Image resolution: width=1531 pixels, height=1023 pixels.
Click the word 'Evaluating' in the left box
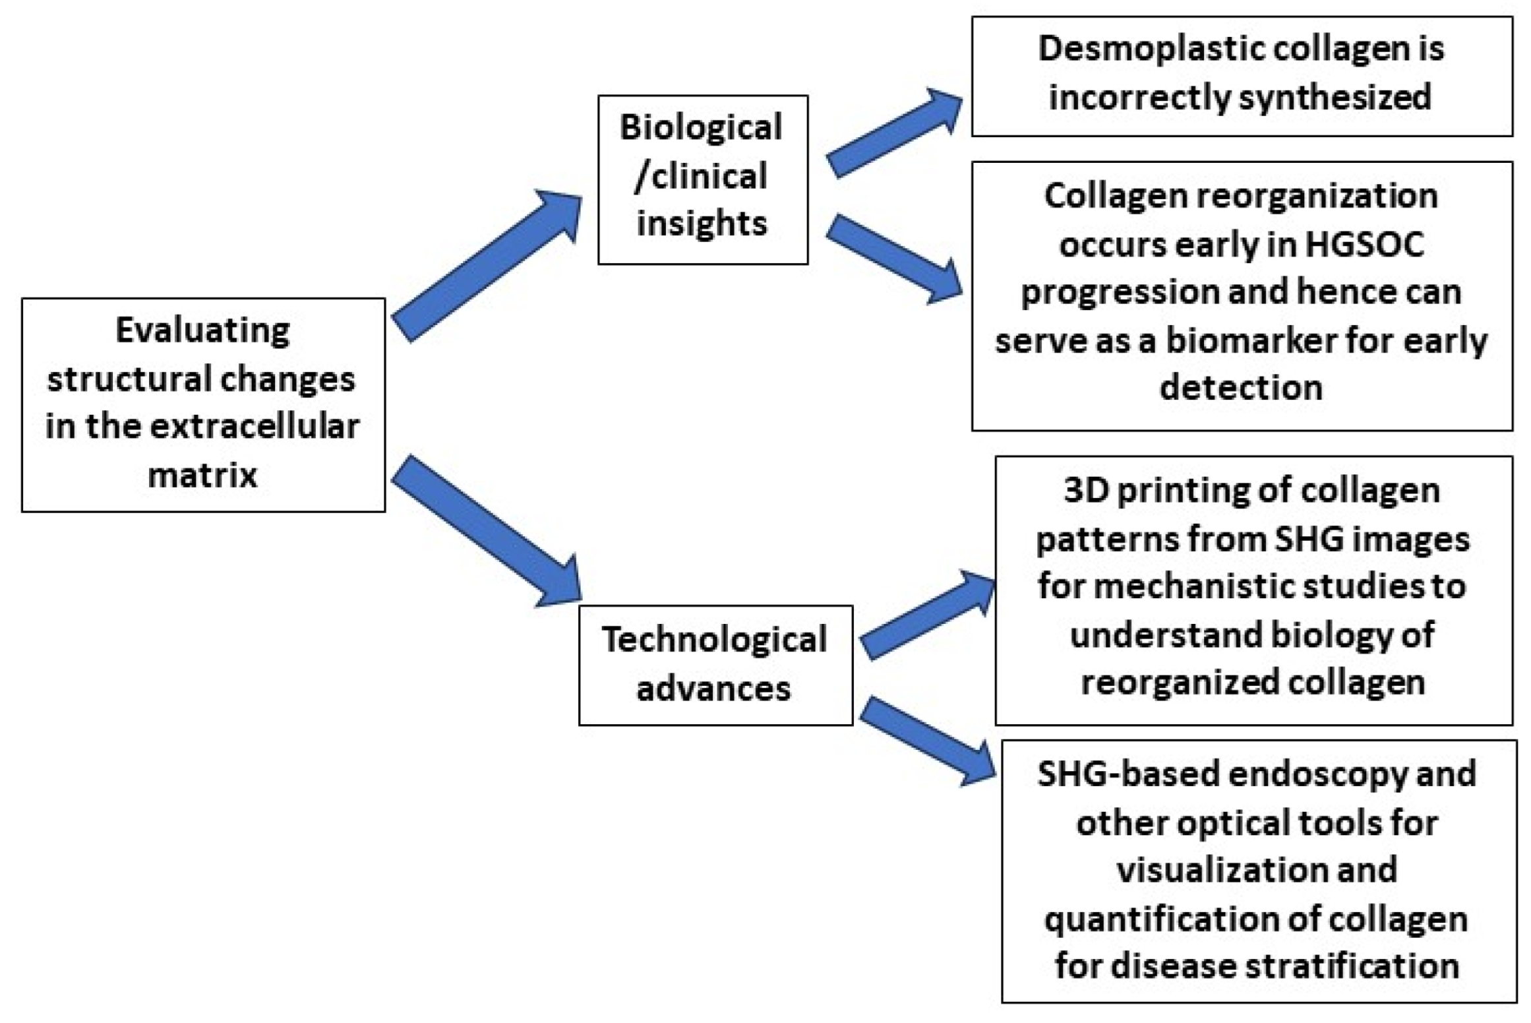coord(202,331)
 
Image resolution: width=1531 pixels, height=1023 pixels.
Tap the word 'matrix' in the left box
coord(202,474)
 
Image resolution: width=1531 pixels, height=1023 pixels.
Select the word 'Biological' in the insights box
coord(701,127)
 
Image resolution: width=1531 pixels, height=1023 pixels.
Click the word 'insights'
coord(702,223)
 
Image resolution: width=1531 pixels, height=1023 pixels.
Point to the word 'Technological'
coord(714,640)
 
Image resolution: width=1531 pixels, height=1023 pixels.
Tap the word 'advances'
coord(713,689)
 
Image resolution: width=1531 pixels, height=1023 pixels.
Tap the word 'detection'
coord(1241,387)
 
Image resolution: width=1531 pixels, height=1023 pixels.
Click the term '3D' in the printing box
coord(1085,491)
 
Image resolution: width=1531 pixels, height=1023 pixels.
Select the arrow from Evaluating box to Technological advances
coord(488,531)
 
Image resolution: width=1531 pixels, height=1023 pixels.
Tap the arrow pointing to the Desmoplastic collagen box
coord(893,132)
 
